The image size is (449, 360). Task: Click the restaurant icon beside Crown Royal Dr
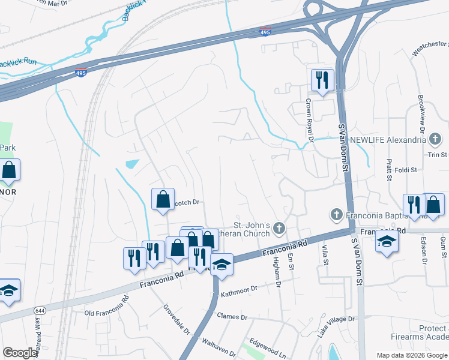pyautogui.click(x=322, y=79)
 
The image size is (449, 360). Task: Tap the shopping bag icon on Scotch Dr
pyautogui.click(x=163, y=199)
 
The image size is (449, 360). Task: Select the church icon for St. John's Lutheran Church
pyautogui.click(x=278, y=227)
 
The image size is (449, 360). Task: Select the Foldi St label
pyautogui.click(x=405, y=170)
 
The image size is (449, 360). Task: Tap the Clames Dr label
pyautogui.click(x=232, y=316)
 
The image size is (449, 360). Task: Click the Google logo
pyautogui.click(x=20, y=353)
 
